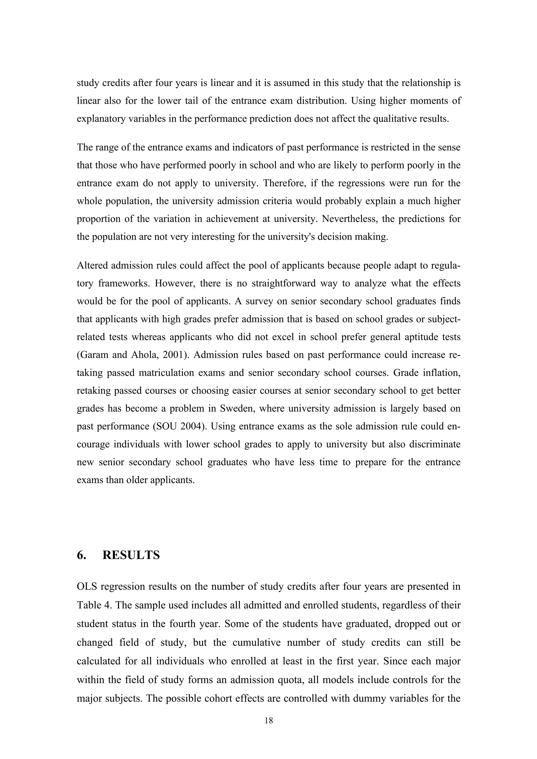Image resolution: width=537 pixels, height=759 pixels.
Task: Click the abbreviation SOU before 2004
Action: click(167, 426)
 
